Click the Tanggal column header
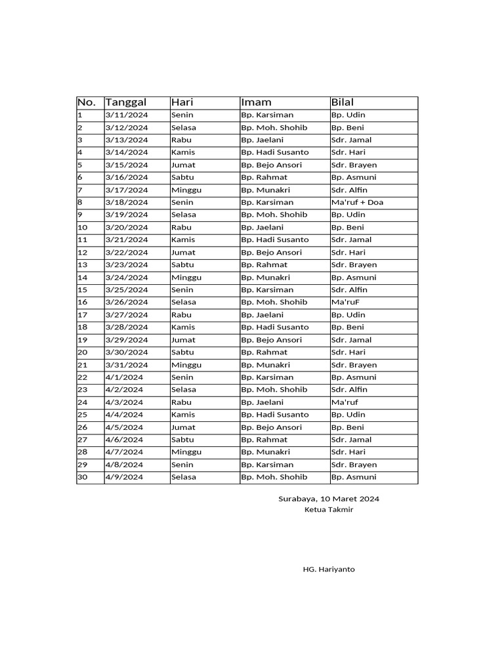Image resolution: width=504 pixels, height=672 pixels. point(126,102)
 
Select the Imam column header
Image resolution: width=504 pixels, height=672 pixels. point(256,102)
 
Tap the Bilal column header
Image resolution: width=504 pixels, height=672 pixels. point(343,102)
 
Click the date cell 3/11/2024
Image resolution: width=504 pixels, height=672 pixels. point(127,115)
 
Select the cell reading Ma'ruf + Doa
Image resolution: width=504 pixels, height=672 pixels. point(357,202)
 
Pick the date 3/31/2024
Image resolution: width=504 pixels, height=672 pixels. point(127,365)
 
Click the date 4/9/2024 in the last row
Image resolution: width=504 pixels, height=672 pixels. point(124,477)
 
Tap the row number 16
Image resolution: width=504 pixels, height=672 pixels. point(83,302)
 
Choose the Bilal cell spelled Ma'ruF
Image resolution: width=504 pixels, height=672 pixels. point(345,302)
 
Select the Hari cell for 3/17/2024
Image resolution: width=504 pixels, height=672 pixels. point(186,190)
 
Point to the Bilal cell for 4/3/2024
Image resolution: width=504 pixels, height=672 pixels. point(345,402)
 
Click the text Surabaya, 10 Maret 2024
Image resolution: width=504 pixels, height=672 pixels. point(329,499)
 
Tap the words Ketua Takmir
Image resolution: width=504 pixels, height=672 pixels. point(329,510)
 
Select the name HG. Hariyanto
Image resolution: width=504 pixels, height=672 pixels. point(329,569)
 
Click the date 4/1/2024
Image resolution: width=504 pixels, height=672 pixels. point(124,377)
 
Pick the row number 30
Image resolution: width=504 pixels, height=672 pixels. point(83,477)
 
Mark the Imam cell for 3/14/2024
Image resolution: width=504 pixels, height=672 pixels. point(274,152)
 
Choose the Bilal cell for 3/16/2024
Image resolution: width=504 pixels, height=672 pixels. point(354,177)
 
